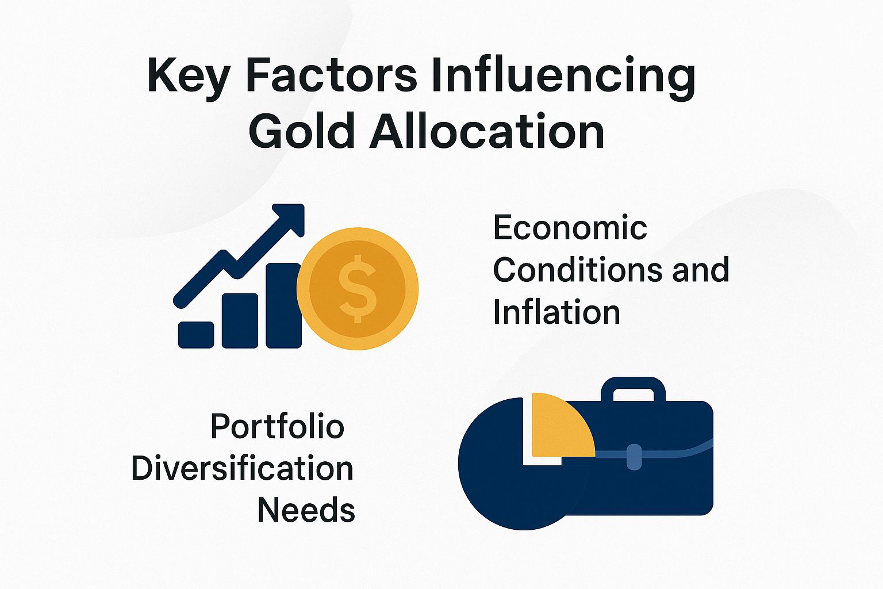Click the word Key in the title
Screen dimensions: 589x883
(188, 76)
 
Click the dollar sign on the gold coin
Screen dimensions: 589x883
(357, 288)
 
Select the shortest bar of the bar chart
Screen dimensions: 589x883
(196, 335)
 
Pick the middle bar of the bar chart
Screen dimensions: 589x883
(240, 320)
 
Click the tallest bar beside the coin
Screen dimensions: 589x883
(283, 305)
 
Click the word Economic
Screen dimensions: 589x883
(570, 228)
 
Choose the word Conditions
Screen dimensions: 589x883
(578, 270)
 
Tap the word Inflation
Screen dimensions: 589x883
(556, 312)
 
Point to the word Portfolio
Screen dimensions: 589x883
(277, 427)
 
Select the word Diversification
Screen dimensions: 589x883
(242, 469)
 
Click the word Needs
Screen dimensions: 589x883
(306, 510)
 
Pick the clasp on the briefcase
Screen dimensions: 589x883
(634, 457)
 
